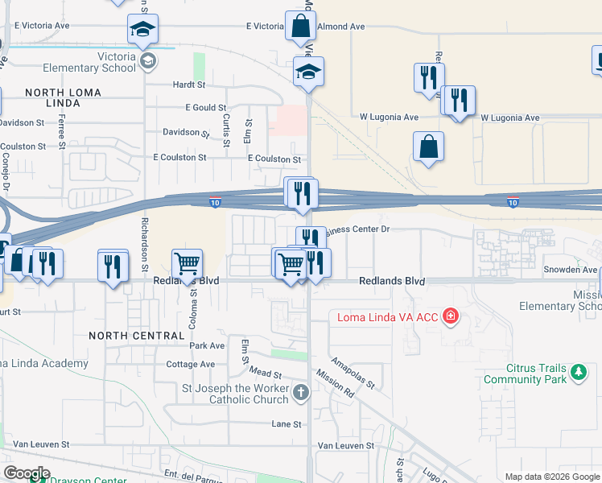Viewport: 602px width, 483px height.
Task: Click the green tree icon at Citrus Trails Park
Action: click(578, 372)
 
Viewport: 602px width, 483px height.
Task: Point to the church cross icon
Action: click(301, 393)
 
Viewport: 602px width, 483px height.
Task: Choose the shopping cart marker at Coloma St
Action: click(187, 263)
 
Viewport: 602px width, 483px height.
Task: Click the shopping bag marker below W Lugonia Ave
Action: click(428, 147)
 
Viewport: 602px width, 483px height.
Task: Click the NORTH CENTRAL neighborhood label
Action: click(137, 335)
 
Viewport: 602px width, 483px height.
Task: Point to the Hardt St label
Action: click(189, 84)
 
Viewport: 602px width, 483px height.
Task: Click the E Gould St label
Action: click(206, 107)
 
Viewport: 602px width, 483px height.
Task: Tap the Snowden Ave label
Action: click(571, 270)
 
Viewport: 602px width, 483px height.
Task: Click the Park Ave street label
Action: click(207, 345)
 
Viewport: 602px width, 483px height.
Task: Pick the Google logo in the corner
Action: click(27, 473)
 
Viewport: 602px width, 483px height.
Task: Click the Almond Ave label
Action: click(341, 27)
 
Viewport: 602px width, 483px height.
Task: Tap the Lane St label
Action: click(286, 423)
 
